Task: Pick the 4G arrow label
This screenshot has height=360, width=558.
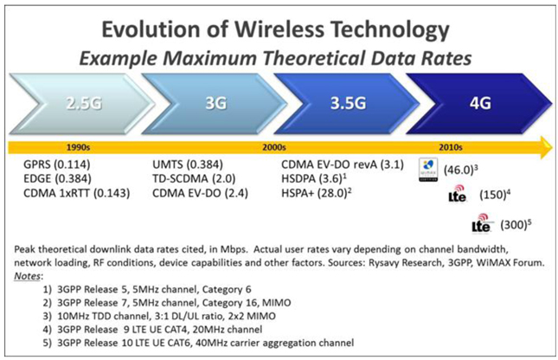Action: (x=481, y=102)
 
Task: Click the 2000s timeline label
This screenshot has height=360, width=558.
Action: (x=277, y=147)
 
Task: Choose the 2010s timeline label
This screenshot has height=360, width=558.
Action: (x=452, y=147)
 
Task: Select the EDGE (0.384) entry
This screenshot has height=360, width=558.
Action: (x=61, y=177)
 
